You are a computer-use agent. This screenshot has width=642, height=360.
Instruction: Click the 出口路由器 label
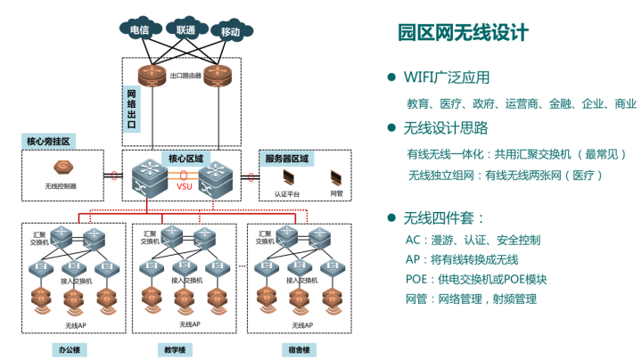click(185, 77)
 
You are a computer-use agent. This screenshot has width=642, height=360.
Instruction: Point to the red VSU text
click(185, 187)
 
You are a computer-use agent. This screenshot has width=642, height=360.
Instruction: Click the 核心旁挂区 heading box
click(48, 141)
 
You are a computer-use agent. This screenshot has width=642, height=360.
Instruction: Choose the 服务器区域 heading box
click(286, 159)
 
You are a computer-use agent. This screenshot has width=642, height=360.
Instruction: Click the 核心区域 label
click(185, 159)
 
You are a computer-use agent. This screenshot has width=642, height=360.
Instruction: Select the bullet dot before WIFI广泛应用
click(391, 77)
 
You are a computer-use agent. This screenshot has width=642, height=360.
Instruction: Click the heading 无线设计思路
click(446, 127)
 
